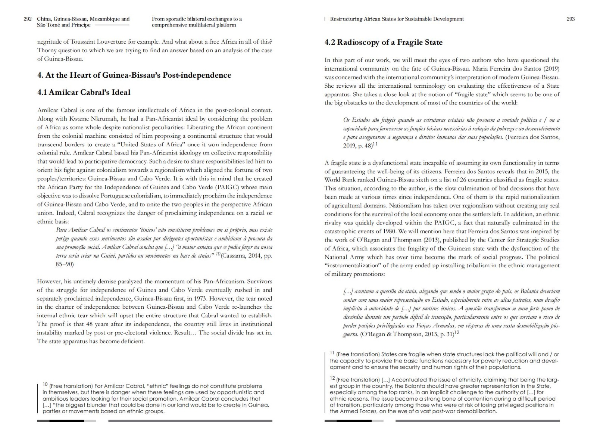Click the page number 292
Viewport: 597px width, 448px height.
[x=28, y=19]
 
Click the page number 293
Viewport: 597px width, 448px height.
[x=571, y=19]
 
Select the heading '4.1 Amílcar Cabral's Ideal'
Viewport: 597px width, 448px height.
[x=84, y=92]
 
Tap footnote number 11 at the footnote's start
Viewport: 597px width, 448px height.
[x=332, y=353]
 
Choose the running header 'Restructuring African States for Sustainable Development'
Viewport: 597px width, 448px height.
[x=397, y=19]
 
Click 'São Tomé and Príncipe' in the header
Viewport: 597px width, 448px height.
[x=64, y=25]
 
